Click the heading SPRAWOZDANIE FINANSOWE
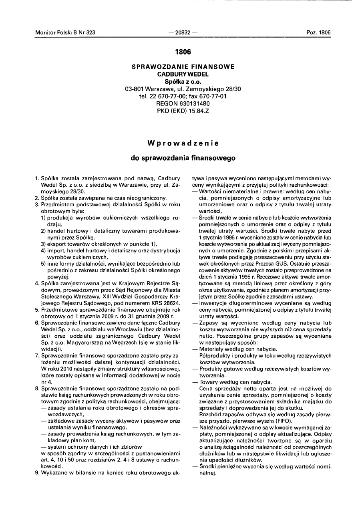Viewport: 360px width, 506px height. click(x=183, y=67)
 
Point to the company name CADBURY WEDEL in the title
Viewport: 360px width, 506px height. click(x=183, y=74)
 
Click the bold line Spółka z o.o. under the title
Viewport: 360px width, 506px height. click(x=183, y=81)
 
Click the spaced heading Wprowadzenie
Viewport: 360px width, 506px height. click(x=183, y=143)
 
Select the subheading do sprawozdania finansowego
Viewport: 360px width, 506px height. click(x=183, y=158)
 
